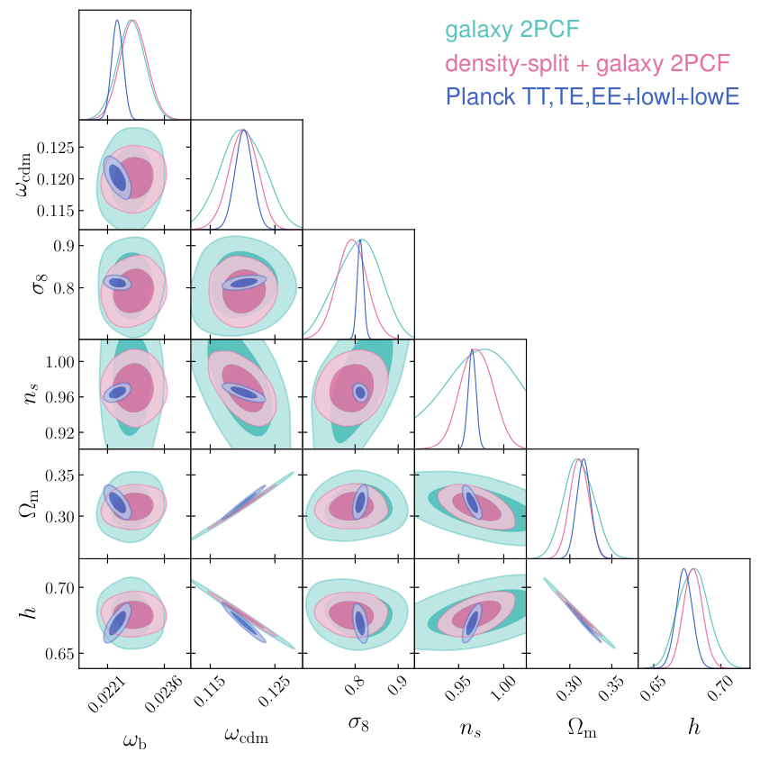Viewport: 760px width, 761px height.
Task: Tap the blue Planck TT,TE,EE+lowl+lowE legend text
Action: (592, 96)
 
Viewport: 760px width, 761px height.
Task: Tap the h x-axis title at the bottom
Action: (693, 728)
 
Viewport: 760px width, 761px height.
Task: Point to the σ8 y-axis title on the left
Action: (24, 285)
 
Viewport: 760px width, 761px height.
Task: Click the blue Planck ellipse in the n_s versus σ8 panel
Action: (360, 392)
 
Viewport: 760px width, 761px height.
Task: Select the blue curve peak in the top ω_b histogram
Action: (116, 21)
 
